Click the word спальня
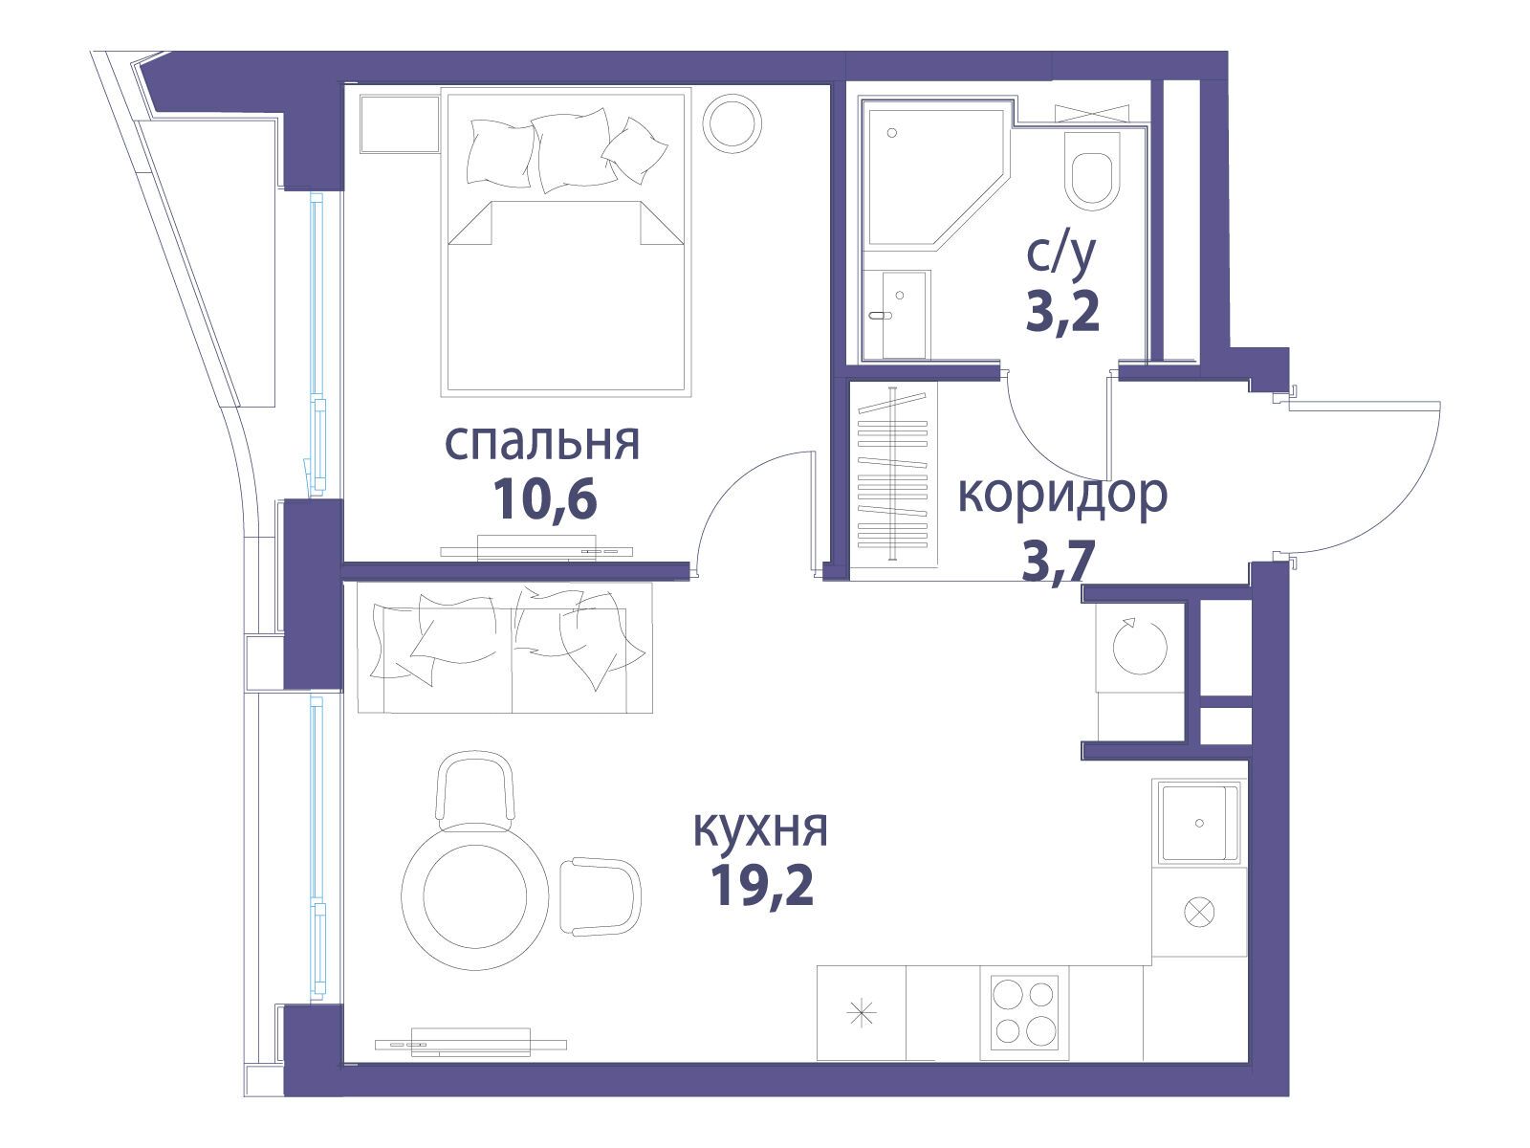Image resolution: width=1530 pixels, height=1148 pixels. [x=541, y=443]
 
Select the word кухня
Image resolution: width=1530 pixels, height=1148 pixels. [x=760, y=828]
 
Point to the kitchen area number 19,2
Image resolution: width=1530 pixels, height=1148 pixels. [x=762, y=885]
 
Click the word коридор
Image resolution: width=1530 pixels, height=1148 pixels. [x=1062, y=494]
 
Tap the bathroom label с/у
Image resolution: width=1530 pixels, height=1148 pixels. [x=1061, y=256]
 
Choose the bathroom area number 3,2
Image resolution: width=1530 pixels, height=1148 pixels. [x=1062, y=311]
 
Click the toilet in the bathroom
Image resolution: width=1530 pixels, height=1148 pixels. [x=1092, y=171]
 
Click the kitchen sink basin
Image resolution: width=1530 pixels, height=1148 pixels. [x=1198, y=823]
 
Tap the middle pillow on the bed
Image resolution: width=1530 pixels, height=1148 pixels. [x=570, y=151]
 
